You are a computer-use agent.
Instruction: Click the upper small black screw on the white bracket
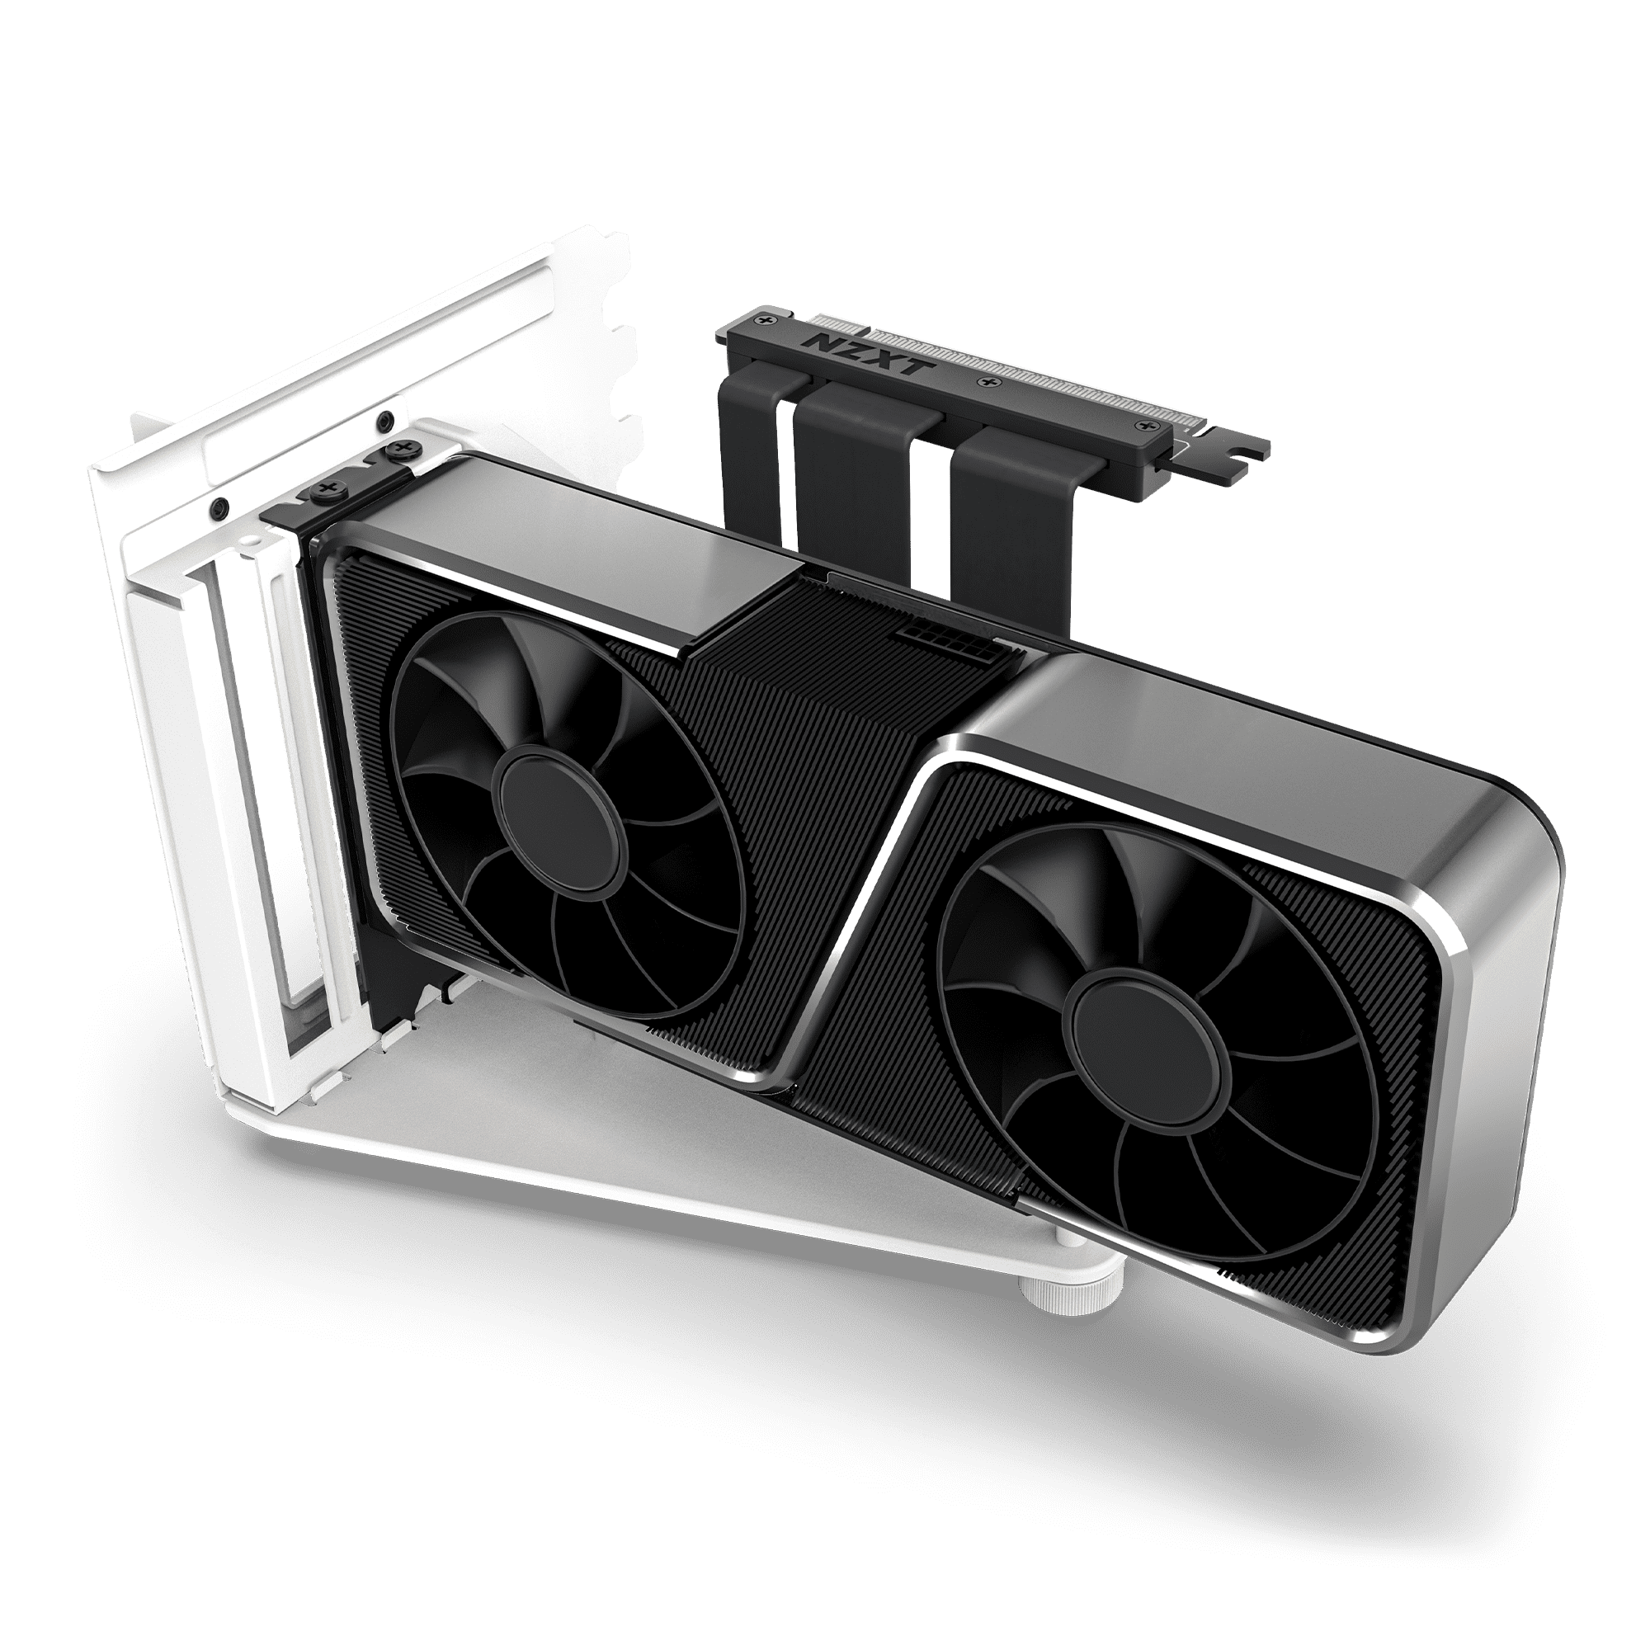tap(385, 419)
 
